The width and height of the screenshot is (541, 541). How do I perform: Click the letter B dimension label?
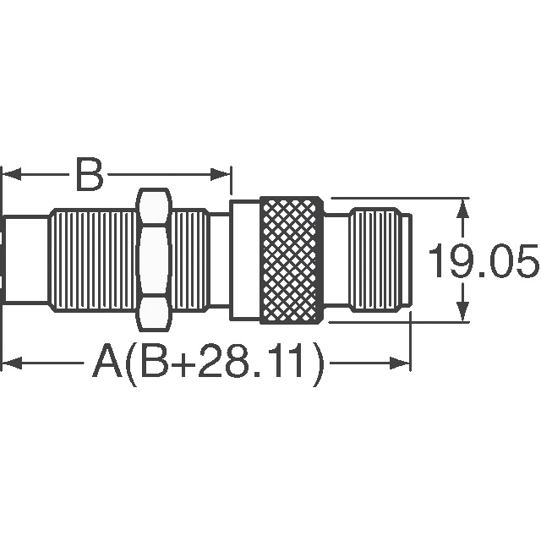click(x=90, y=174)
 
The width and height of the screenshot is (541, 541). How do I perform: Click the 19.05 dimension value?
click(x=483, y=260)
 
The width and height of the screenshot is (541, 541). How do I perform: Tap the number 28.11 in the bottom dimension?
click(x=252, y=363)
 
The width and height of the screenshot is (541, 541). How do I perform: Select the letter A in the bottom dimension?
click(x=107, y=363)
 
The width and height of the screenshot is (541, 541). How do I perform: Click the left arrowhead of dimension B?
click(x=12, y=174)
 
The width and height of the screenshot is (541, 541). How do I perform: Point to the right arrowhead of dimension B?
click(x=220, y=174)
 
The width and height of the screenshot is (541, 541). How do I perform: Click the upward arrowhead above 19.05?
click(x=462, y=209)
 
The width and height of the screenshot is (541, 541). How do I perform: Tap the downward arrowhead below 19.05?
click(x=462, y=311)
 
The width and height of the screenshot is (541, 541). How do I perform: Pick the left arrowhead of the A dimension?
click(x=12, y=363)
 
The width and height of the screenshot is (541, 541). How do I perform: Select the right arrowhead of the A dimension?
click(x=400, y=363)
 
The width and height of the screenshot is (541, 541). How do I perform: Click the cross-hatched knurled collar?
click(x=292, y=260)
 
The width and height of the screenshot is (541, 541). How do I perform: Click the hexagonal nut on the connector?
click(x=154, y=260)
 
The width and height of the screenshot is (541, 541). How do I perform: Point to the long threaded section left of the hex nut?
click(x=94, y=260)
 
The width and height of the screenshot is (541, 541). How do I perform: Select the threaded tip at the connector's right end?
click(x=380, y=260)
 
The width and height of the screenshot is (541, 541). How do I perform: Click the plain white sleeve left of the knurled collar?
click(x=246, y=260)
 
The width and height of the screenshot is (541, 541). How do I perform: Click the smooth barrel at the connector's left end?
click(x=26, y=260)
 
